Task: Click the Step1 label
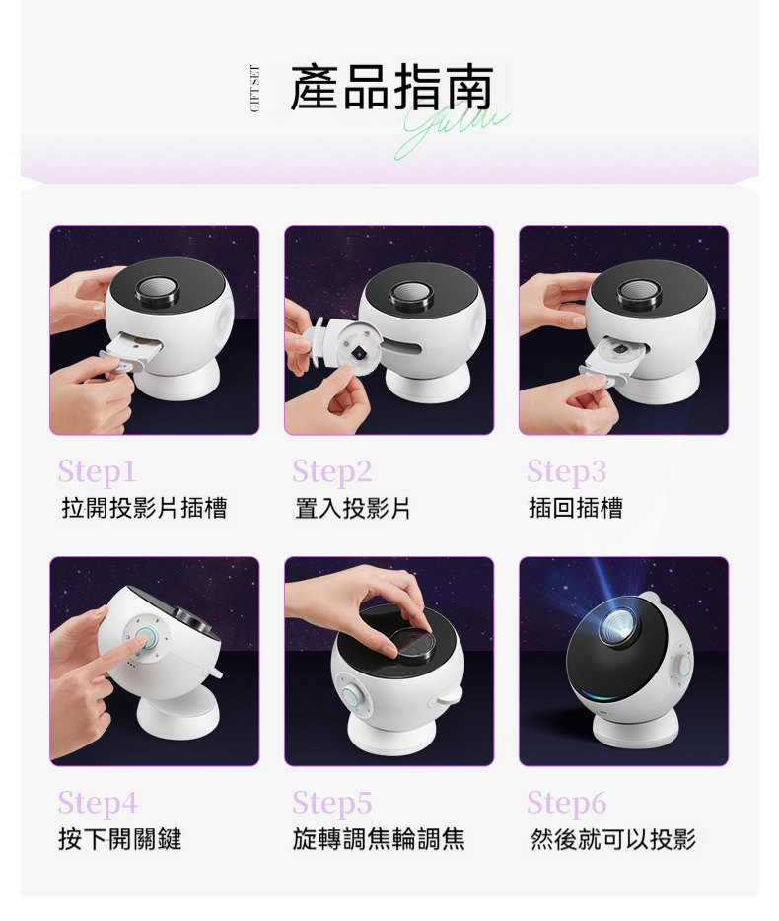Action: [97, 470]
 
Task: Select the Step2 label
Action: [331, 470]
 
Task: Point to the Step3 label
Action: [566, 470]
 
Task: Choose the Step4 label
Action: [98, 803]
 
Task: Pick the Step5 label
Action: [332, 803]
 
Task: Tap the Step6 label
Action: [567, 803]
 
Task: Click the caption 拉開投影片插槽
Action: [144, 508]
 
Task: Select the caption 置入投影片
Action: [352, 508]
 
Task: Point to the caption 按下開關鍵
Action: [120, 839]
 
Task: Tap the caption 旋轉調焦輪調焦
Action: [379, 839]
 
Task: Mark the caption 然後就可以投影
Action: [612, 839]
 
